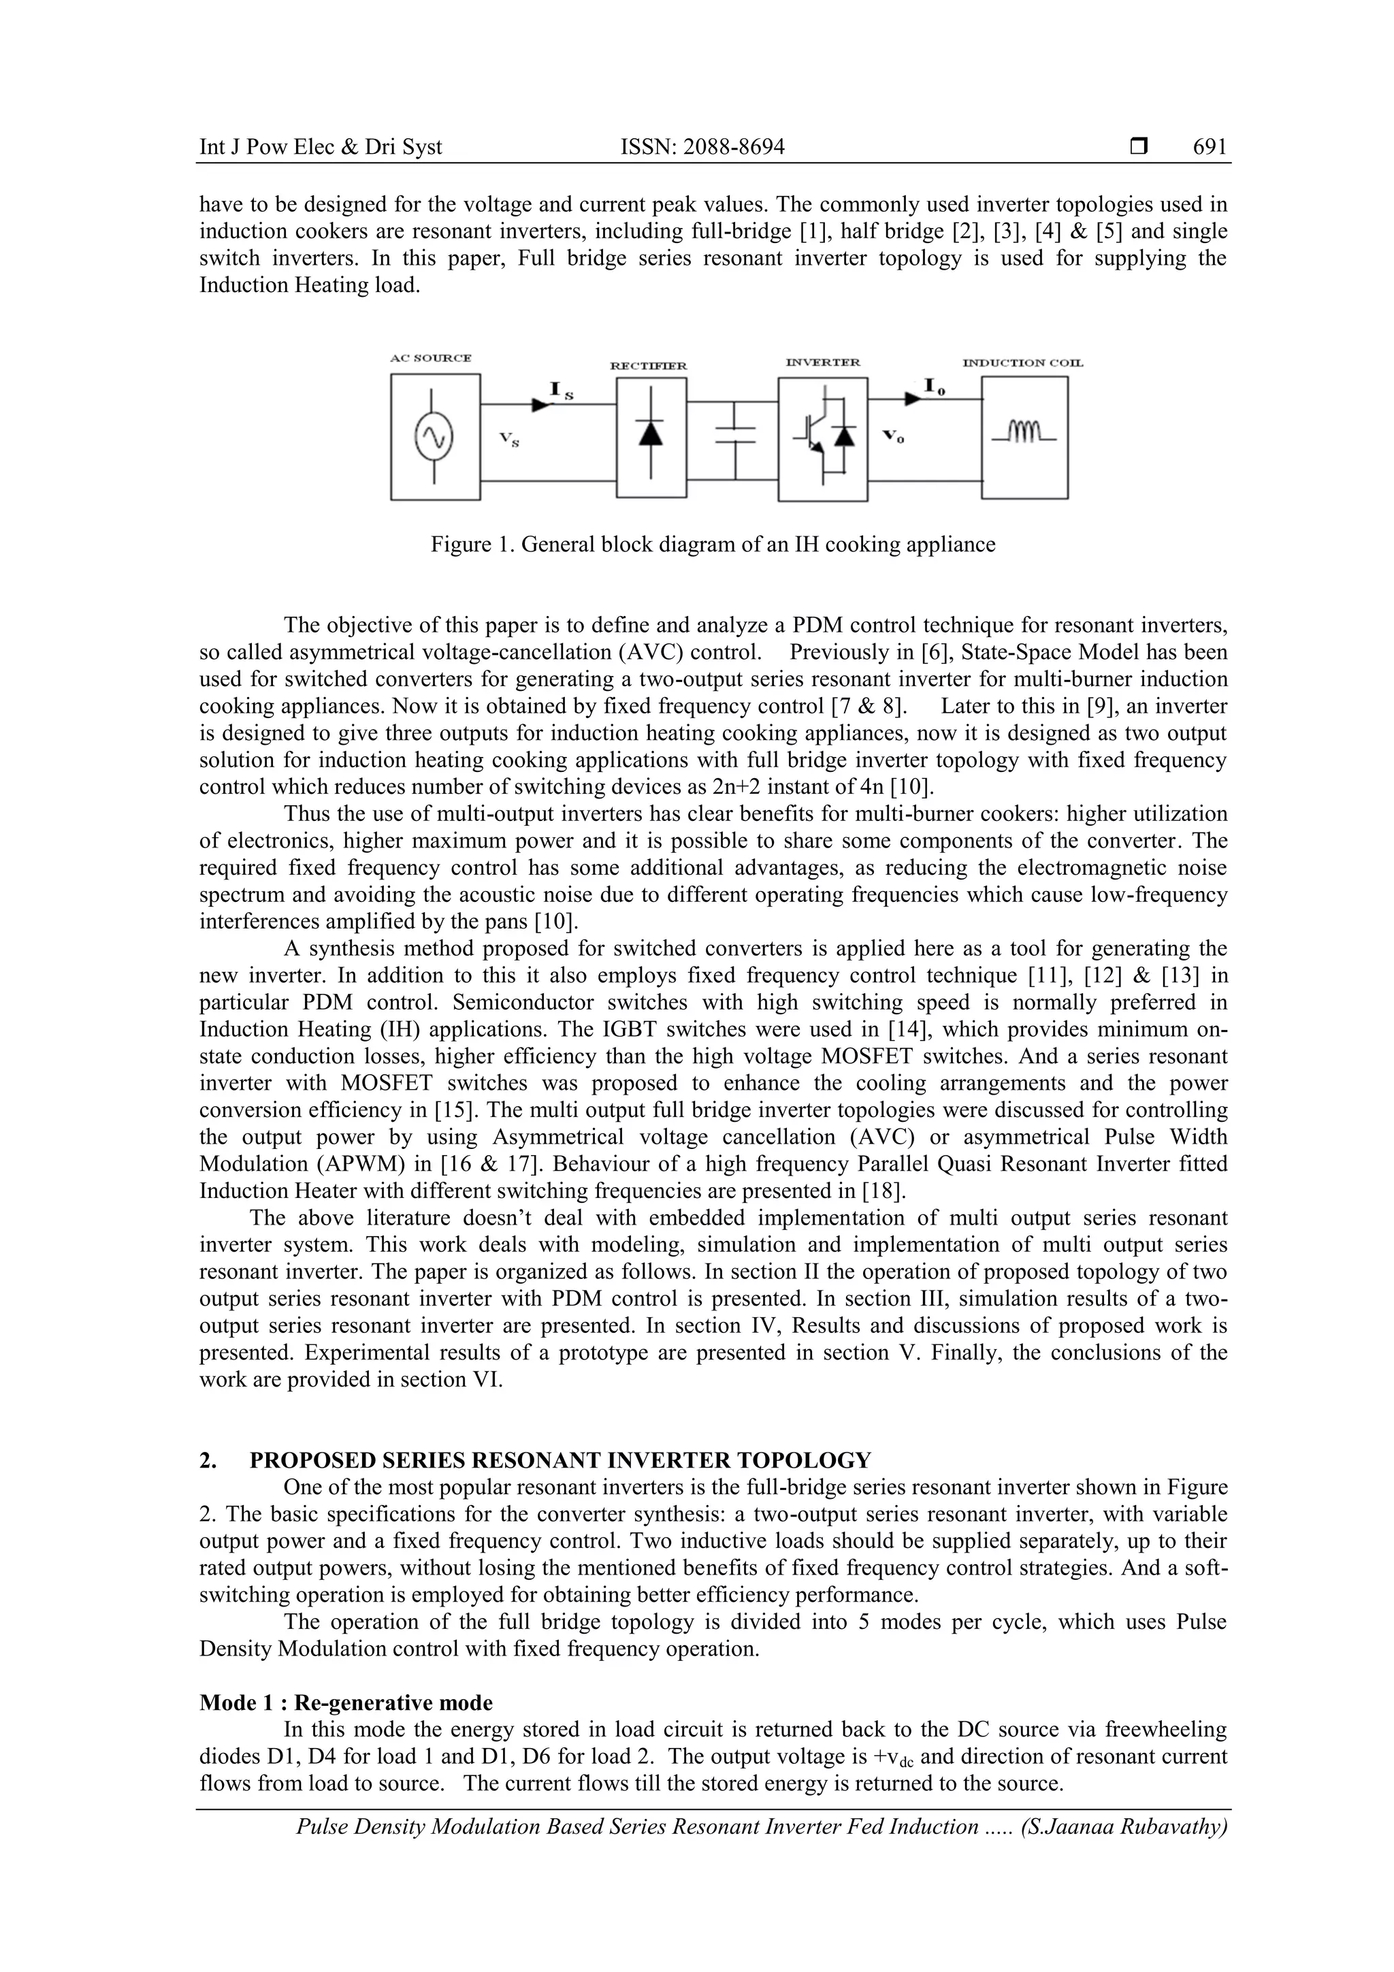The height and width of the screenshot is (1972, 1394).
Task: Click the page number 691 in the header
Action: [1210, 147]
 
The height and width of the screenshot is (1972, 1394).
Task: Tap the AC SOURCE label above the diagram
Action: [430, 358]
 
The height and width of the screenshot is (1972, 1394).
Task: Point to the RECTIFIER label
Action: [649, 366]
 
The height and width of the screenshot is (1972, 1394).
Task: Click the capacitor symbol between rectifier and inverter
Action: [734, 436]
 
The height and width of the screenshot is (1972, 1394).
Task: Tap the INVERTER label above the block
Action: [823, 362]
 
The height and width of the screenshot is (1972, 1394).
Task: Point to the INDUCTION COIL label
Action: [1023, 362]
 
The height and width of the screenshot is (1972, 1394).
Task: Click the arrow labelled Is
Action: [542, 403]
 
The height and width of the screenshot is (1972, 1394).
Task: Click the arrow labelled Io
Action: [912, 398]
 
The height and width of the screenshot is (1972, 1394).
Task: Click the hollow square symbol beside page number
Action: [1139, 147]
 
